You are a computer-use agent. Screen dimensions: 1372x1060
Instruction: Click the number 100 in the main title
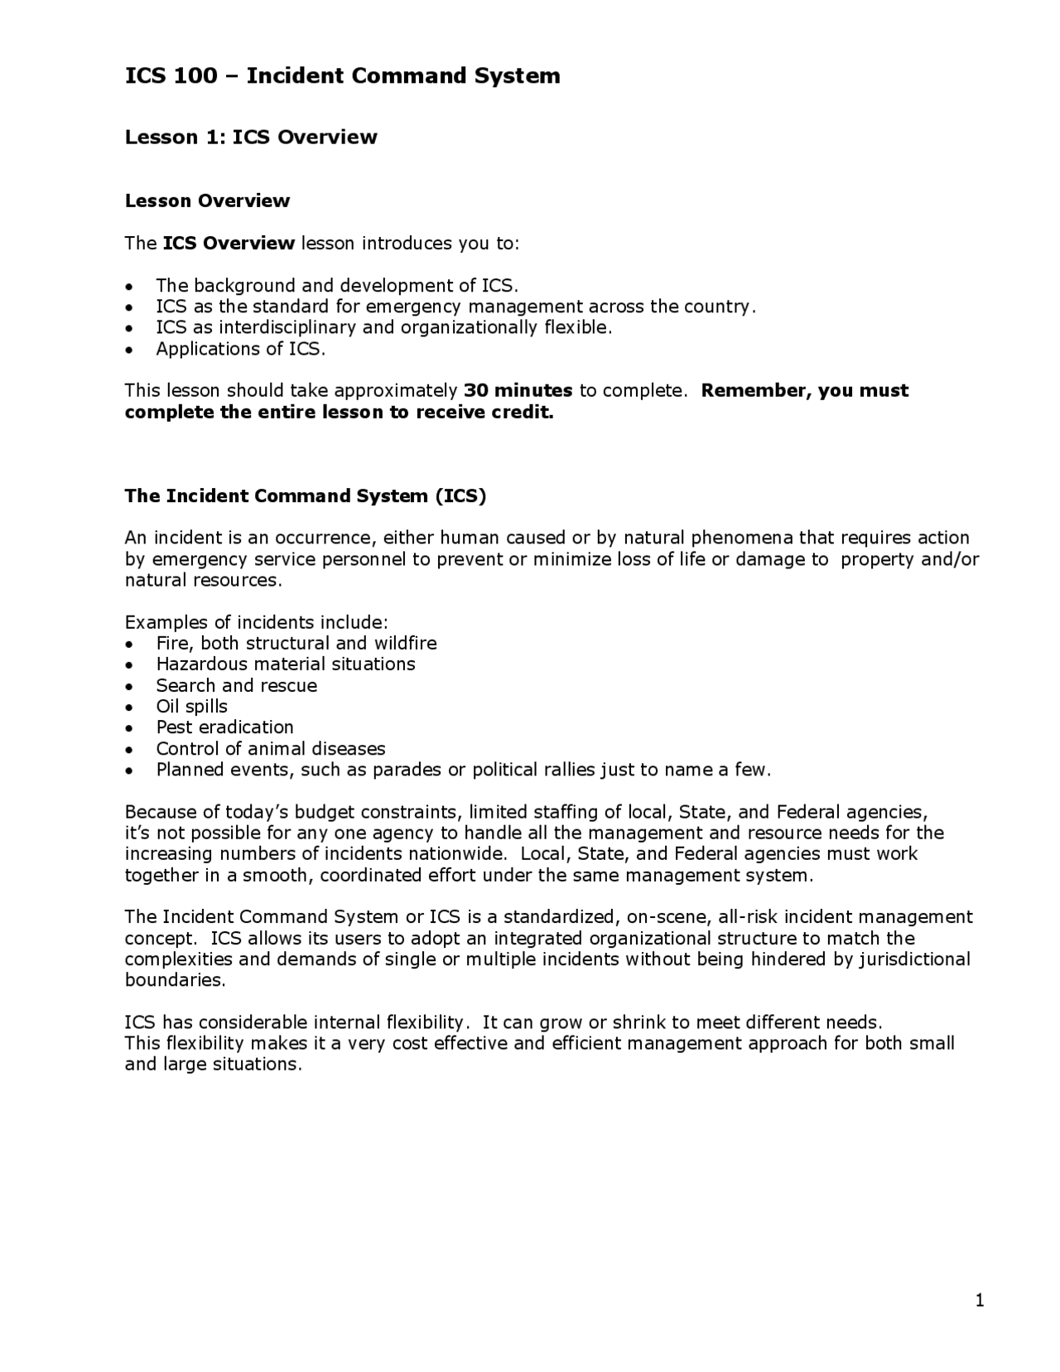coord(196,76)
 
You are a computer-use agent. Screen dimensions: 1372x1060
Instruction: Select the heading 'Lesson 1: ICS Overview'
coord(251,138)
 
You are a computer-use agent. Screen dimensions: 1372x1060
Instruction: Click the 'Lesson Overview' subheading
coord(207,201)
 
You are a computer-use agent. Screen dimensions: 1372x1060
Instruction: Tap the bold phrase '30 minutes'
coord(518,390)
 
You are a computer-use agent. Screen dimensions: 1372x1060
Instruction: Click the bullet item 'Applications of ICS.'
coord(241,349)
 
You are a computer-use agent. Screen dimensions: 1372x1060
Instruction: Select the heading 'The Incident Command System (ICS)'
coord(306,496)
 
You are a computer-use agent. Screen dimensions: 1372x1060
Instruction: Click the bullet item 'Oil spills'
coord(191,707)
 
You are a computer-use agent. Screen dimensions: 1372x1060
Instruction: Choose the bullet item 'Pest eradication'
coord(224,727)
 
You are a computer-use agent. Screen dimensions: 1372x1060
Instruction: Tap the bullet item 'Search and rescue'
coord(236,686)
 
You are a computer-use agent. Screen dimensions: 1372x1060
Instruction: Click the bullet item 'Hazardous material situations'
coord(286,664)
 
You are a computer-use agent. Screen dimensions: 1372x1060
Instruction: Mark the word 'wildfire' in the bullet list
coord(405,644)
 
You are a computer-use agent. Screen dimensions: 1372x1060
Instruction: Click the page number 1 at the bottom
coord(980,1302)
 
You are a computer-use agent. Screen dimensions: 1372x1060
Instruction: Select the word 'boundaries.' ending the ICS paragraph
coord(175,980)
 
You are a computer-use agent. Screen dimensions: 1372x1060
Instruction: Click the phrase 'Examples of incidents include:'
coord(256,622)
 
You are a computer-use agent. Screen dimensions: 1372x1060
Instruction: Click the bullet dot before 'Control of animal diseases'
coord(128,750)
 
